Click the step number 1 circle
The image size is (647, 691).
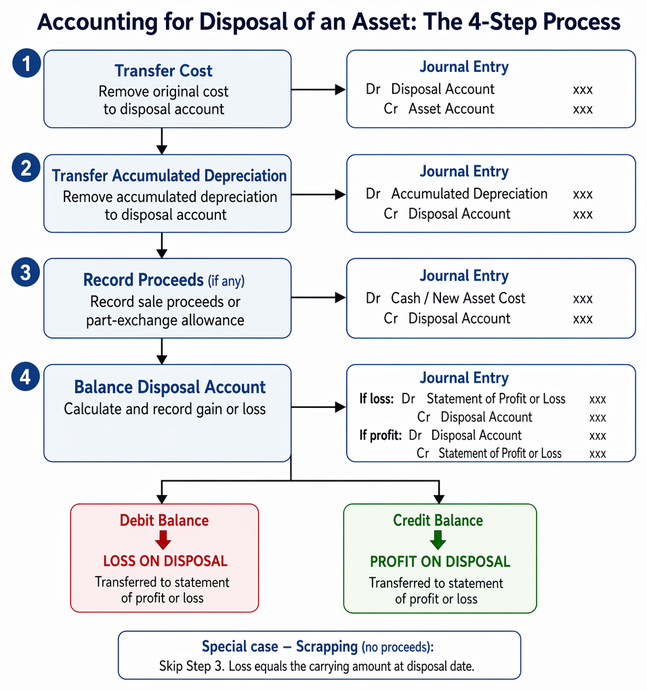26,63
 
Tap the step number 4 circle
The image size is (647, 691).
26,377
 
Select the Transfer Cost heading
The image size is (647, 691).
163,70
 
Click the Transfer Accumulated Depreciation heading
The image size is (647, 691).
169,175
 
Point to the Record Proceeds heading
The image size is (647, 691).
143,280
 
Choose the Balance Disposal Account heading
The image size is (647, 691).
169,387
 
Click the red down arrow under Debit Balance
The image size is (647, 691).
163,540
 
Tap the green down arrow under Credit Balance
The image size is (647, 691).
438,540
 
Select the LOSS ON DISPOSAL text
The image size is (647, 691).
165,561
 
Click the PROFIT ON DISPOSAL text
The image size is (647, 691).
440,562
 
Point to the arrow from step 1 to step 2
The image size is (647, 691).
162,141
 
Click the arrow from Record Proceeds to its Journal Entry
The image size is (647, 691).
318,298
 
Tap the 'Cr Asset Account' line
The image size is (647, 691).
439,109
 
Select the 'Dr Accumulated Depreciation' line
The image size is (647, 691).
457,194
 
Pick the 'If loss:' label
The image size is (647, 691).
377,399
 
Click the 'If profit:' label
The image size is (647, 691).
380,436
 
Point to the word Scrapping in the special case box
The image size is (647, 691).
327,646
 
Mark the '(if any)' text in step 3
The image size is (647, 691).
226,280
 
